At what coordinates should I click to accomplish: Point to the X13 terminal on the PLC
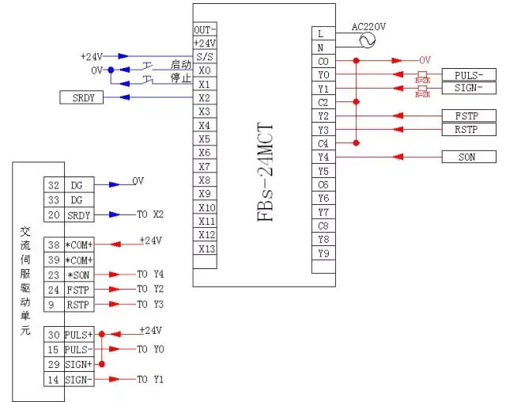pyautogui.click(x=205, y=248)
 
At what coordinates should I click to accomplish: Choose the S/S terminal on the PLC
pyautogui.click(x=205, y=56)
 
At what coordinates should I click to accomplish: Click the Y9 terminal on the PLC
pyautogui.click(x=323, y=253)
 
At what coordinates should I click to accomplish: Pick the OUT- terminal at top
pyautogui.click(x=205, y=29)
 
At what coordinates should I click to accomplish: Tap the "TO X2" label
pyautogui.click(x=150, y=214)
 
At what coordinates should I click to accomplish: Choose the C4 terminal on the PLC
pyautogui.click(x=323, y=143)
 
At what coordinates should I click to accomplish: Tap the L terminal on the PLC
pyautogui.click(x=321, y=34)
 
